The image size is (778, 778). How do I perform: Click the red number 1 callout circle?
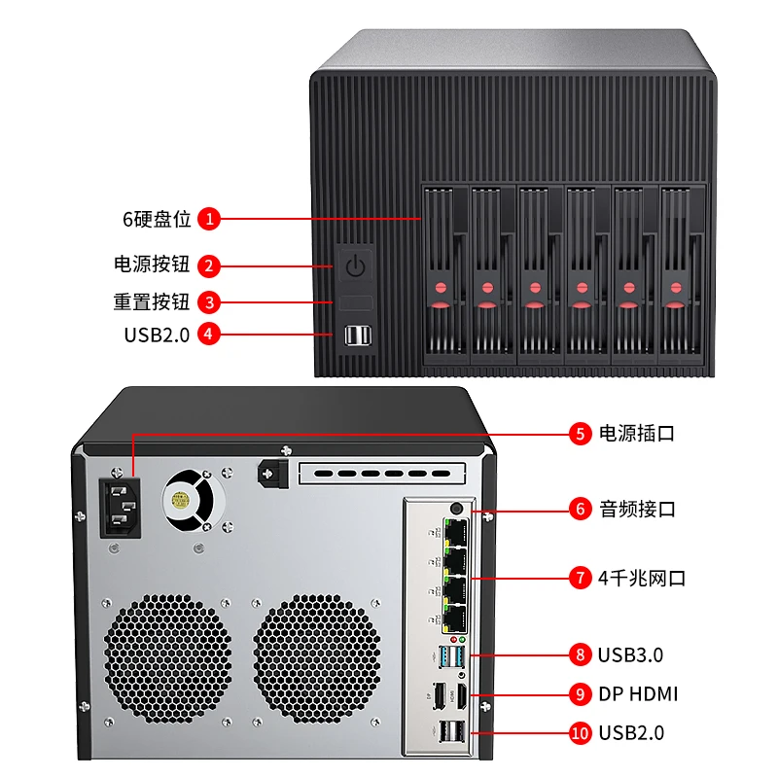[x=208, y=219]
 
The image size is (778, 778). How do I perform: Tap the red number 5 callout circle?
[x=581, y=434]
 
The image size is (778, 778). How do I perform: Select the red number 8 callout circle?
[x=581, y=654]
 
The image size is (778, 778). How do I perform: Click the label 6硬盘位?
[x=157, y=219]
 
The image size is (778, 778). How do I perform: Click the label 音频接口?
[x=637, y=508]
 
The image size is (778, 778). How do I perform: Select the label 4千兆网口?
[x=643, y=578]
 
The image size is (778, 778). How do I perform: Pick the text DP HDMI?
[x=639, y=694]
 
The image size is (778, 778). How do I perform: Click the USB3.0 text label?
[x=631, y=654]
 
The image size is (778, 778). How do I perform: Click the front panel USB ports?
[x=357, y=336]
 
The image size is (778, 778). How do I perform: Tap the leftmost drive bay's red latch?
[x=440, y=289]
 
